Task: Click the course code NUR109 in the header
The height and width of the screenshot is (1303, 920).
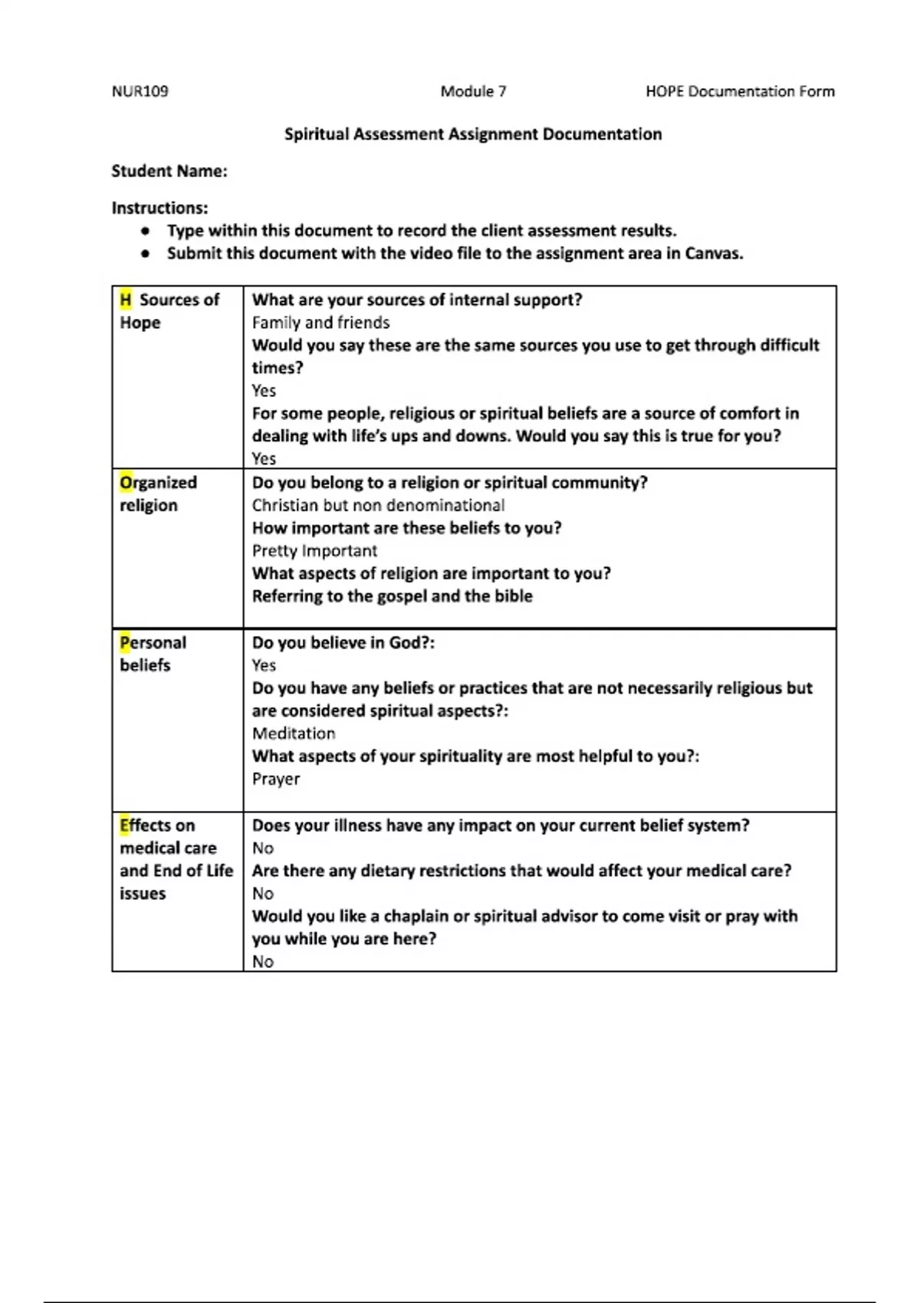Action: coord(140,91)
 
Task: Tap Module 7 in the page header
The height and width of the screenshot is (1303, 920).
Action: coord(473,91)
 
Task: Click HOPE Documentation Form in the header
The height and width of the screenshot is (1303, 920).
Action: coord(740,91)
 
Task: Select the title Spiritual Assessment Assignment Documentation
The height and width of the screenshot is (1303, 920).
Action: coord(473,134)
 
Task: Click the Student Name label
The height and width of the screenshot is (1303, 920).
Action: coord(169,171)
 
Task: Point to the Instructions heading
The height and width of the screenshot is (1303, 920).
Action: coord(159,208)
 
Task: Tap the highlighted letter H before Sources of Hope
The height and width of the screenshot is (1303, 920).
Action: coord(125,300)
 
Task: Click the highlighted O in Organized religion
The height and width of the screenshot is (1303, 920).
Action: coord(126,483)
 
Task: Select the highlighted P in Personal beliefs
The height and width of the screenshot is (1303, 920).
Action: coord(124,642)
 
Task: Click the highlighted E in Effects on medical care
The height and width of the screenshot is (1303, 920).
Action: coord(124,825)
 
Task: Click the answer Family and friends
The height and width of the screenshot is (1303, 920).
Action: coord(320,323)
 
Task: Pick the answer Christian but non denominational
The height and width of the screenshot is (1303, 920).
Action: coord(378,506)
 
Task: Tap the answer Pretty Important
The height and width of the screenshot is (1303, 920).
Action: coord(314,551)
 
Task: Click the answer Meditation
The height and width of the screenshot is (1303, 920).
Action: coord(294,734)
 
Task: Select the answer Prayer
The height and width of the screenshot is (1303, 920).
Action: coord(276,779)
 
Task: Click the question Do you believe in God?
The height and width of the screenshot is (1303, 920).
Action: coord(343,642)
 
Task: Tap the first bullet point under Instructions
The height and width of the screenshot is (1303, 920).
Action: coord(144,231)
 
